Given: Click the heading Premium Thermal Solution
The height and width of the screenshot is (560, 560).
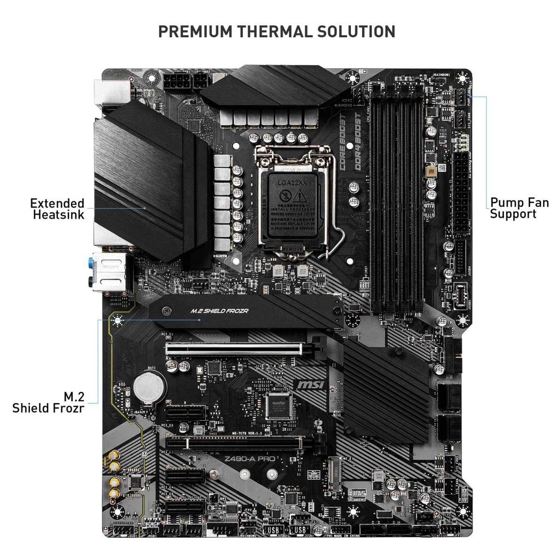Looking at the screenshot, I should [x=277, y=32].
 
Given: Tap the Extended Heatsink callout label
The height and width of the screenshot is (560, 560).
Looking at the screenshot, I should [x=57, y=209].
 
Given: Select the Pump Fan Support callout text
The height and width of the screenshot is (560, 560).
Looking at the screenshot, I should [x=519, y=209].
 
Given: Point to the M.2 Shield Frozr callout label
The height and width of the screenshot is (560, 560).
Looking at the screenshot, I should [x=49, y=403].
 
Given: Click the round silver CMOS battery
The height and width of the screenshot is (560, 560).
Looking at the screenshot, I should [x=149, y=387].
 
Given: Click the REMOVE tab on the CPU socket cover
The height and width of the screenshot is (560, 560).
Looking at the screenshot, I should [x=293, y=250].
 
